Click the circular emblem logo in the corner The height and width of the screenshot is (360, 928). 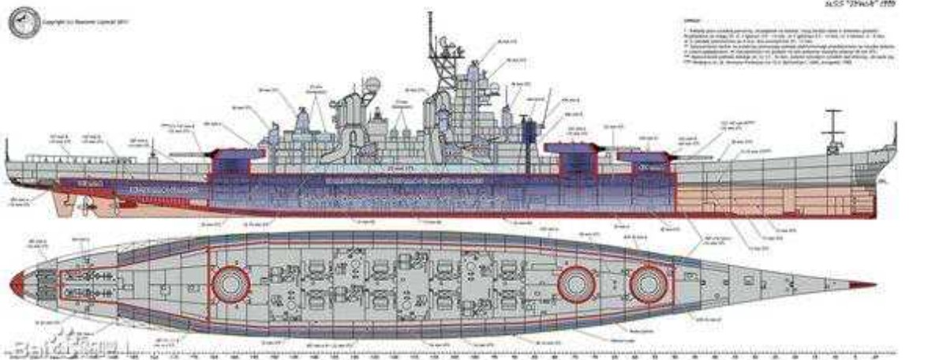point(23,22)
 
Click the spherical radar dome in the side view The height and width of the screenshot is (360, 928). point(372,86)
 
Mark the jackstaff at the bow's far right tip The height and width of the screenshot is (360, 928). point(894,133)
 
